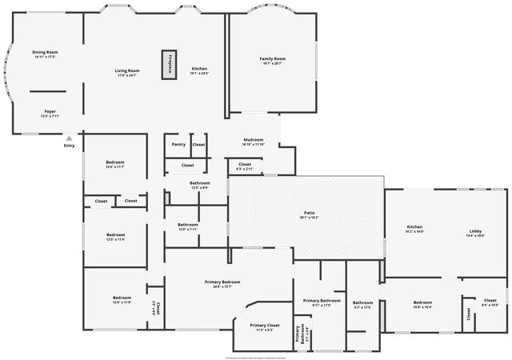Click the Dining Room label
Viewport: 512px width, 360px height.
pyautogui.click(x=45, y=52)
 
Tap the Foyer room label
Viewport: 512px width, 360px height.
pyautogui.click(x=50, y=111)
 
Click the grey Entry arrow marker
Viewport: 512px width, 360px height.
pyautogui.click(x=69, y=138)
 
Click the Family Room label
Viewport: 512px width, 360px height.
pyautogui.click(x=273, y=58)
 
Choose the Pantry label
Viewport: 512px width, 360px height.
pyautogui.click(x=178, y=144)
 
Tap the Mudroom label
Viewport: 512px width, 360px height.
pyautogui.click(x=253, y=140)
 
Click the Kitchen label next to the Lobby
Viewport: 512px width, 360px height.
pyautogui.click(x=414, y=227)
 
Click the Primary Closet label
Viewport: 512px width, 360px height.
pyautogui.click(x=264, y=326)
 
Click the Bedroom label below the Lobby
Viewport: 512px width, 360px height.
pyautogui.click(x=422, y=302)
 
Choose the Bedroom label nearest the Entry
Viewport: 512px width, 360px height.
pyautogui.click(x=114, y=163)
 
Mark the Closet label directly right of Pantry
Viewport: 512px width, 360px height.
pyautogui.click(x=198, y=144)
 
